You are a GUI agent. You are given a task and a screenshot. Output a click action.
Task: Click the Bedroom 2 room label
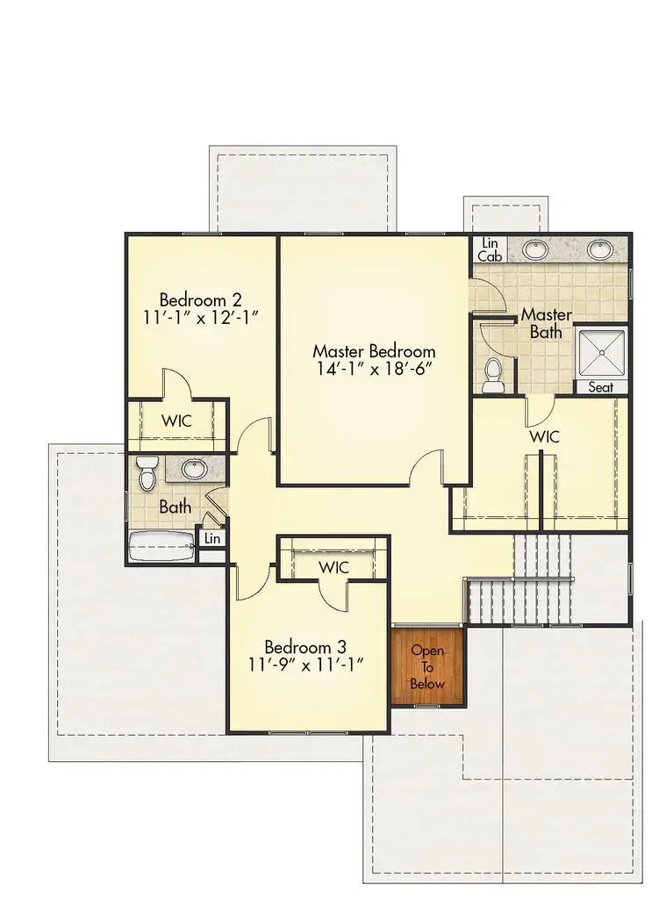coord(200,298)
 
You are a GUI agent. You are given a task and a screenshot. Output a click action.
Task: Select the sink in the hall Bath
coord(194,469)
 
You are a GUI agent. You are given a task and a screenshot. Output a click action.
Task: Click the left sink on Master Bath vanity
coord(535,249)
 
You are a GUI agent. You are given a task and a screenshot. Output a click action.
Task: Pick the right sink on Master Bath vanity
coord(600,249)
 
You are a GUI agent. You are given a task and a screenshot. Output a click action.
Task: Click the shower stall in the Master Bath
coord(602,351)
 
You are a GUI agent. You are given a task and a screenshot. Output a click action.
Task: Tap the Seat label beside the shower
coord(602,387)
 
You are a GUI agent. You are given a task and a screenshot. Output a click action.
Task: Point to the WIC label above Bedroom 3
coord(333,567)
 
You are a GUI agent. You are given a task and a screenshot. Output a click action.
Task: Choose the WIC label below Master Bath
coord(543,436)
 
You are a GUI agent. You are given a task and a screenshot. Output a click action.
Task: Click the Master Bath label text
coord(546,323)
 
